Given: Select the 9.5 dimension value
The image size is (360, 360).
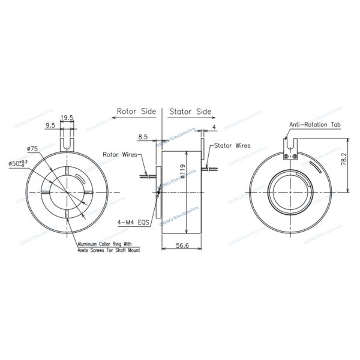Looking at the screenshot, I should coord(51,125).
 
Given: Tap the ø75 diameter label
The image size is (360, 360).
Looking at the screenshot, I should coord(33,148).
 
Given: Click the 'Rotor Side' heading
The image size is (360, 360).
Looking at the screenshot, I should coord(136,111).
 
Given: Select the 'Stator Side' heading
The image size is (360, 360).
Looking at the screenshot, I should coord(190,111).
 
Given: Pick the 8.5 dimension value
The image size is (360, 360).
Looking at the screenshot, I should coord(143,137).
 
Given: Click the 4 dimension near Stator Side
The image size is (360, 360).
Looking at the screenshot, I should coord(214,127).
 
